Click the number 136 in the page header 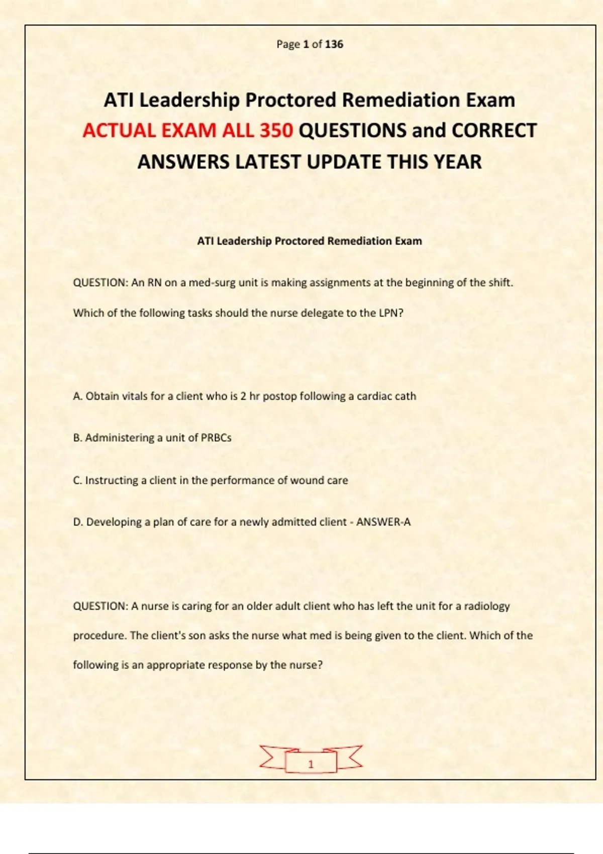coord(334,44)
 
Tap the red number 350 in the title coord(276,131)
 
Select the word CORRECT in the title coord(494,131)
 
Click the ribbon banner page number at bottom coord(311,764)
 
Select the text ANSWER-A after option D coord(383,522)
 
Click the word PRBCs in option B coord(216,438)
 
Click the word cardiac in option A coord(373,396)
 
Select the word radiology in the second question coord(486,606)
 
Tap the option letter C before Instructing coord(77,480)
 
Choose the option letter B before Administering coord(77,438)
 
